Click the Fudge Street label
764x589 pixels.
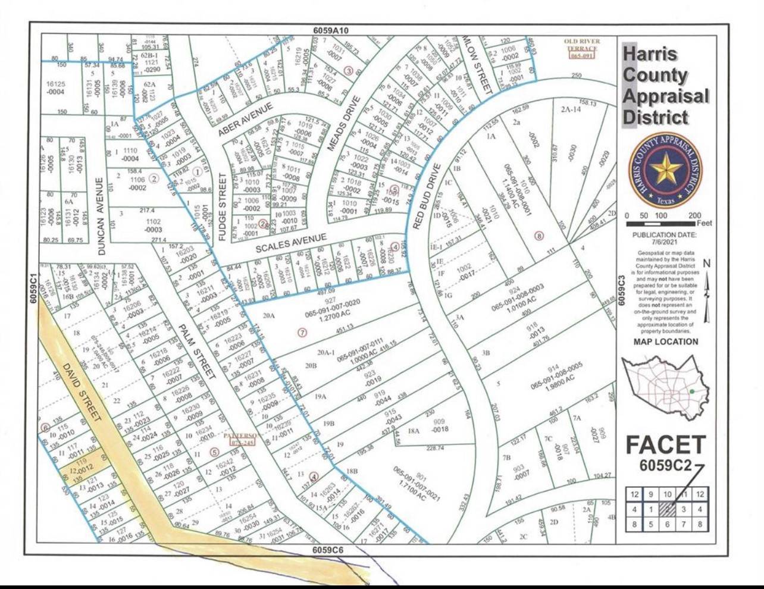coord(222,207)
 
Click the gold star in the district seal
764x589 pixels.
coord(665,170)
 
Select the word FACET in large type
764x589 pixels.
coord(665,444)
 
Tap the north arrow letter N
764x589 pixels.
coord(706,264)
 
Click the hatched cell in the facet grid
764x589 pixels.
coord(668,509)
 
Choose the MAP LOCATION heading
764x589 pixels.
coord(665,342)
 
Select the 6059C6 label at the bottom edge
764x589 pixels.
coord(329,550)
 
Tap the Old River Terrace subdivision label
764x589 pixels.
coord(582,48)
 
